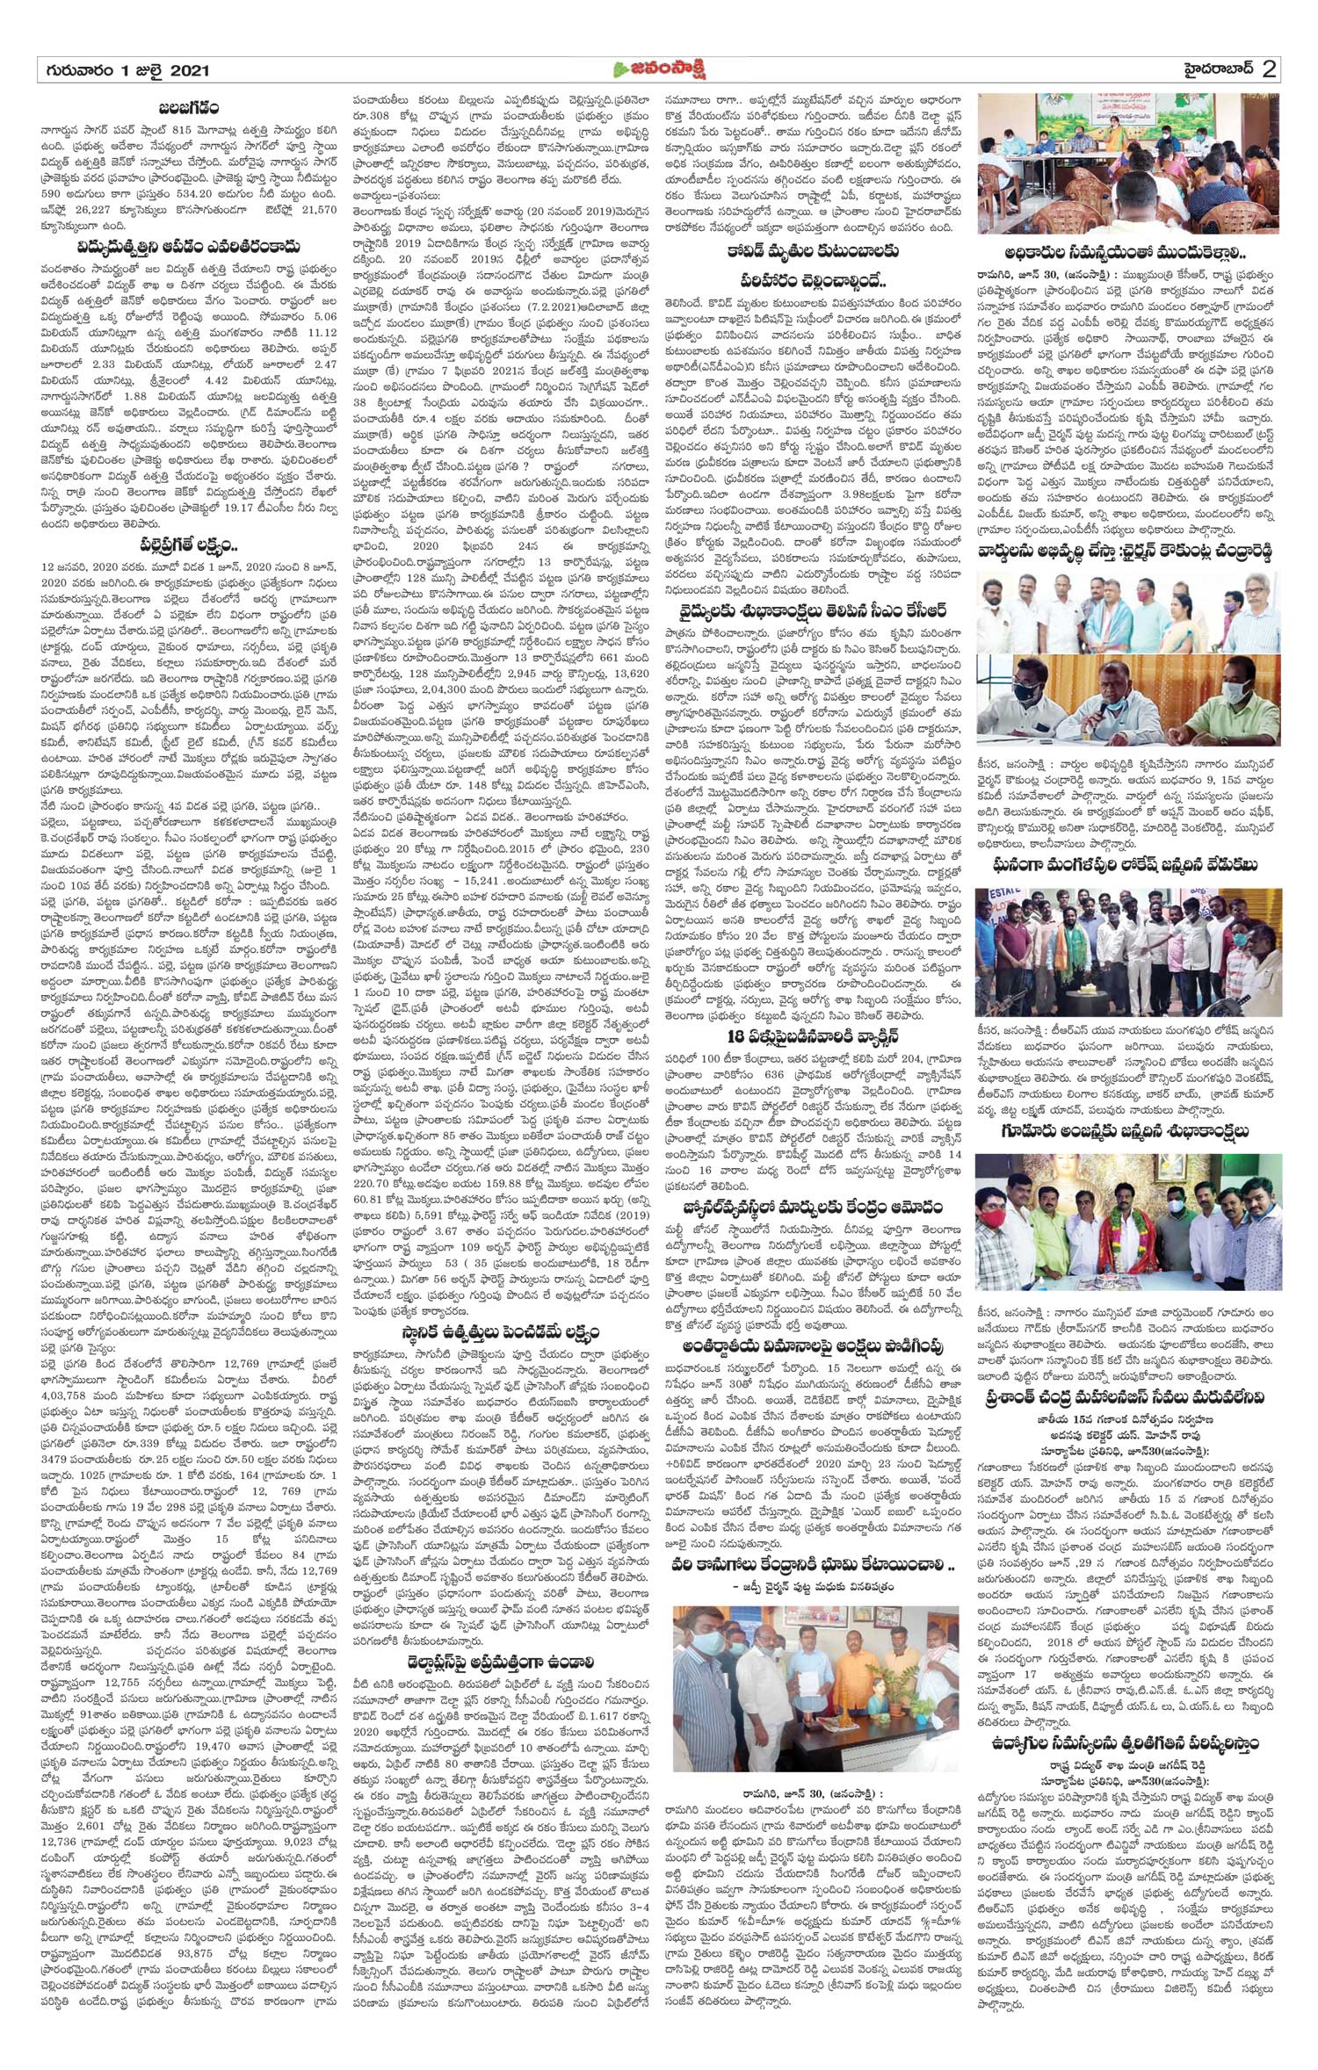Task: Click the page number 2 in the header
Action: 1268,70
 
